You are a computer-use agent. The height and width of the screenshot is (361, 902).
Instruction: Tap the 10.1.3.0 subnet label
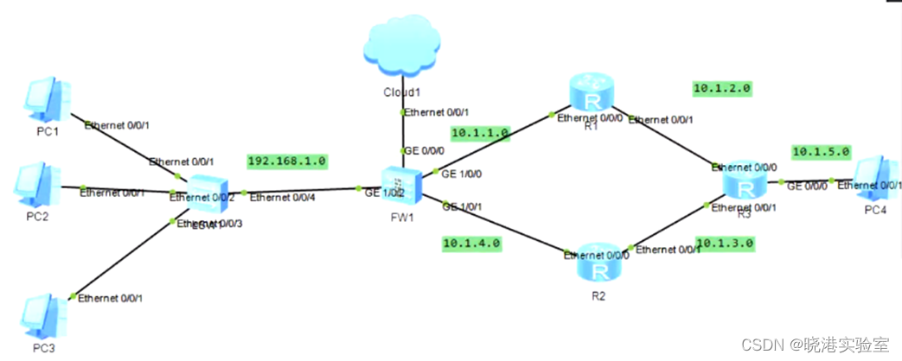point(726,244)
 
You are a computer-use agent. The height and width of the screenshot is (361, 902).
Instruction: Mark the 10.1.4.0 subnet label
point(471,243)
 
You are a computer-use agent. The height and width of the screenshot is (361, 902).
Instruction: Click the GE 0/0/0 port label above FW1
point(422,150)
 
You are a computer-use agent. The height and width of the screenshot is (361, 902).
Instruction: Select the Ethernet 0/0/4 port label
point(280,198)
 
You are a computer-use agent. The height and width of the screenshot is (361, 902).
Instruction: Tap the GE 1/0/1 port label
point(462,206)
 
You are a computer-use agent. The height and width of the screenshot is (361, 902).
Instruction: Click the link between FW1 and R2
point(502,229)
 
